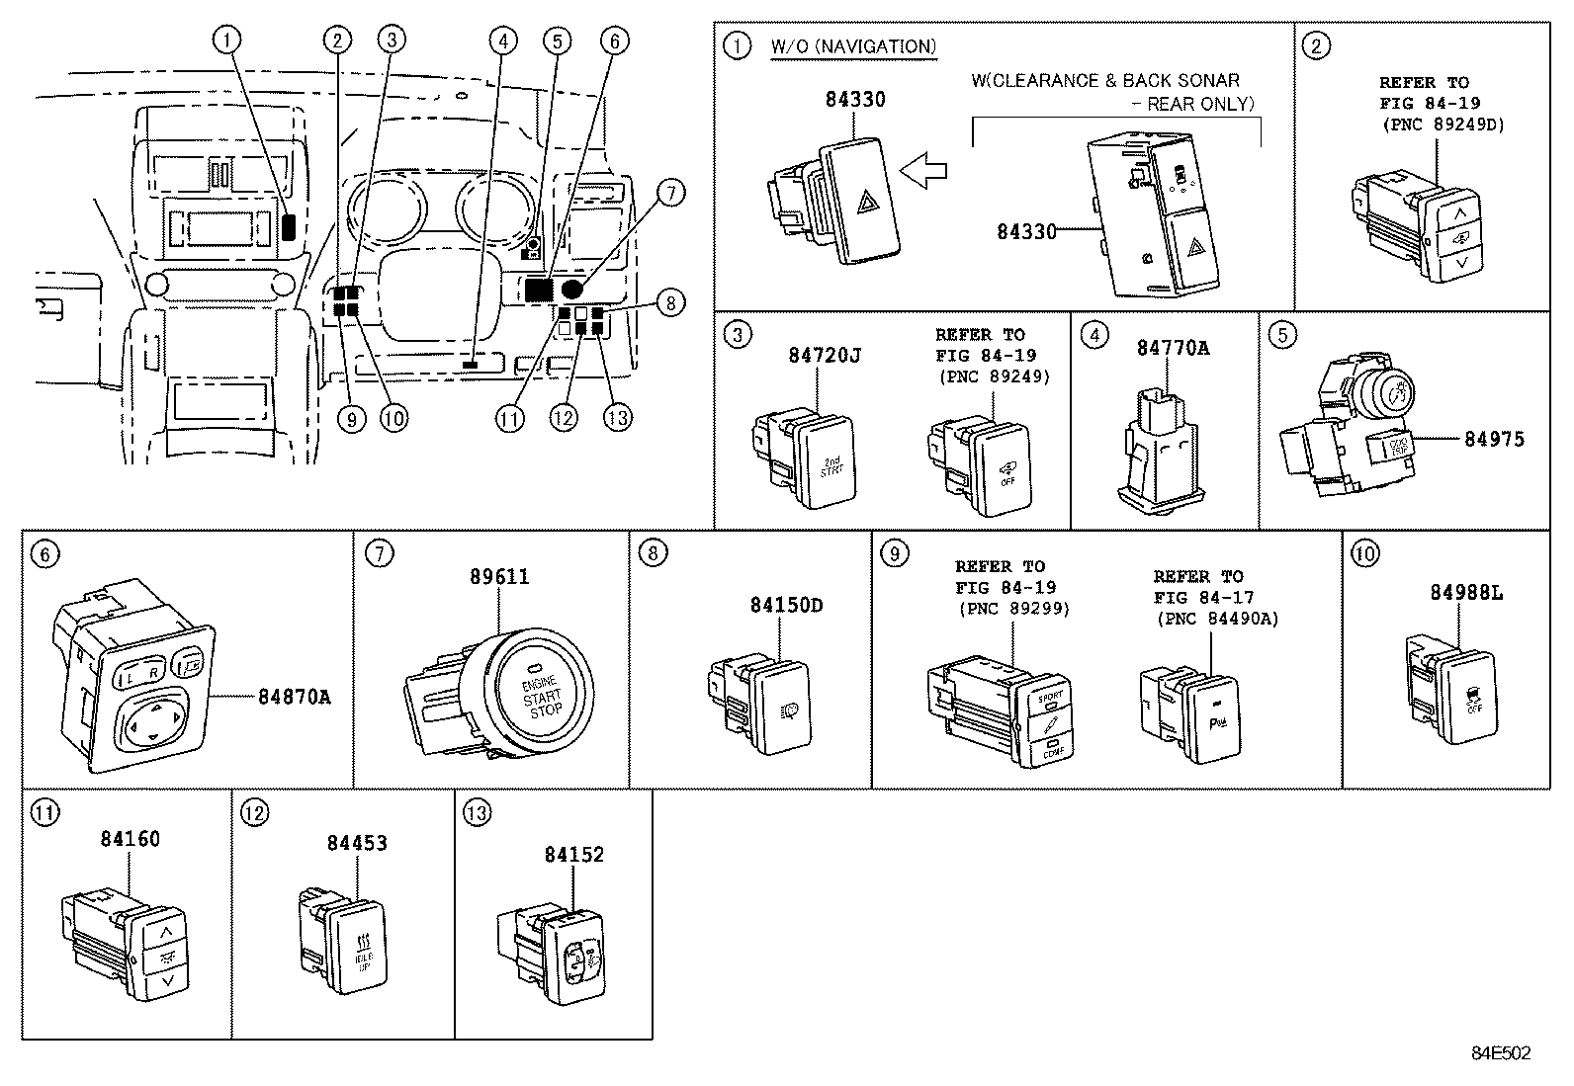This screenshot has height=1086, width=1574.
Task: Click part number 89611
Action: (499, 577)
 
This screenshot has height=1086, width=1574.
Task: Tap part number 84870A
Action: (294, 697)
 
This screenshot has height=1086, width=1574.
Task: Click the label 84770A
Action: (1173, 348)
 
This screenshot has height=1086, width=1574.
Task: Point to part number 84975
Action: (1494, 440)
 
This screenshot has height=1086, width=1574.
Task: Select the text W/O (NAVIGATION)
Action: (853, 46)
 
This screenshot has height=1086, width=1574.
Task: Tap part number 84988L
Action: (1465, 593)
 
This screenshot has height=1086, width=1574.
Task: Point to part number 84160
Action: (130, 839)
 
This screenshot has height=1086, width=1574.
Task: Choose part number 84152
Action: (573, 855)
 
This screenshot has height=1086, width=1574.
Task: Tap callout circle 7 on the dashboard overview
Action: (670, 192)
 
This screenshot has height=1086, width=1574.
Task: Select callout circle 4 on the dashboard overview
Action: (503, 41)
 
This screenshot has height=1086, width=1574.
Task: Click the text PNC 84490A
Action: (1219, 619)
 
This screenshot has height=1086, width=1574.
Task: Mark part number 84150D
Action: (786, 605)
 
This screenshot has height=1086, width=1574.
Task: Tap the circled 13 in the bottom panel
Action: (476, 812)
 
